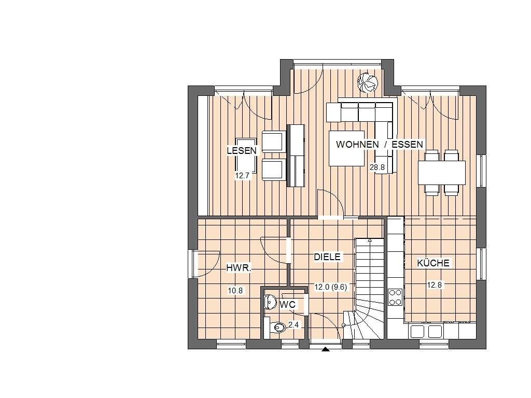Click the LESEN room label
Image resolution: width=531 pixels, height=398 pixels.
(x=242, y=151)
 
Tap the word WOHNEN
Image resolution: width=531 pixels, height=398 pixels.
(x=357, y=144)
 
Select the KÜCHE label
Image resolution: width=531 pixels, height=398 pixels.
(x=433, y=263)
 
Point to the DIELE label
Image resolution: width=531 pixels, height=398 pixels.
(x=327, y=257)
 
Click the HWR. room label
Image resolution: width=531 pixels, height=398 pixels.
(x=239, y=268)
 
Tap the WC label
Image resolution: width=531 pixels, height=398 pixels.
(x=287, y=305)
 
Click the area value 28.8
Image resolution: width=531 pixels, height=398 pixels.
(x=377, y=167)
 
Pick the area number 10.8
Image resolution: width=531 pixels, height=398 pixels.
(x=235, y=290)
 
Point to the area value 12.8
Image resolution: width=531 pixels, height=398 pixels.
(x=434, y=285)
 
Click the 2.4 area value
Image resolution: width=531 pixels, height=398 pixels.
(x=294, y=325)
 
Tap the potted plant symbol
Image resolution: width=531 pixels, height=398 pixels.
(x=368, y=82)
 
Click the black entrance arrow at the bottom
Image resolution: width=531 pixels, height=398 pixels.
(x=326, y=349)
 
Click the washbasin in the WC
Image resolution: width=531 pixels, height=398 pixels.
(x=271, y=301)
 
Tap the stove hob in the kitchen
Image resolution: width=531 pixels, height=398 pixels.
(x=395, y=297)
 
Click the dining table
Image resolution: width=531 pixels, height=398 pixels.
(x=442, y=173)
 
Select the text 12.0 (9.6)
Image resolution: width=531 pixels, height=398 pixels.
(x=330, y=287)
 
